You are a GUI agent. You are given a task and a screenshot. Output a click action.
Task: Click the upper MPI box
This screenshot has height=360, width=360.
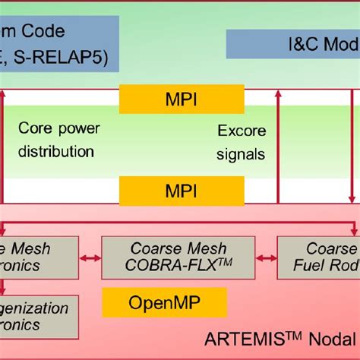coord(182,99)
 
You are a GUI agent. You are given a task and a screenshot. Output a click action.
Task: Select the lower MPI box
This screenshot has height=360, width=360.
coord(182,189)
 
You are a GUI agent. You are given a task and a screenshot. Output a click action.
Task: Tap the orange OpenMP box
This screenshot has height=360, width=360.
coord(165,304)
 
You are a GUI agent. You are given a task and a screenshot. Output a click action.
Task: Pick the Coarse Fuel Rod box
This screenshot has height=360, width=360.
coord(318,257)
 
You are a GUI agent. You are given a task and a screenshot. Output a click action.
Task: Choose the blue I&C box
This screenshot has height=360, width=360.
coord(293,44)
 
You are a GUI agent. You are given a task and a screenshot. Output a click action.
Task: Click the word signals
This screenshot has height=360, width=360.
coord(241,154)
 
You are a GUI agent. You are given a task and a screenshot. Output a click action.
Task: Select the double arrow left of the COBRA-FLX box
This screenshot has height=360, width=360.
coord(90,259)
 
